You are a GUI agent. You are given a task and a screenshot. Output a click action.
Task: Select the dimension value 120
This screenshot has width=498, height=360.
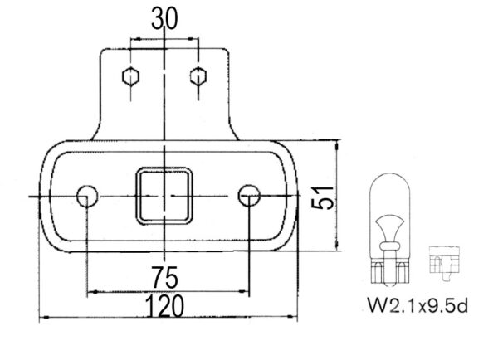(x=165, y=307)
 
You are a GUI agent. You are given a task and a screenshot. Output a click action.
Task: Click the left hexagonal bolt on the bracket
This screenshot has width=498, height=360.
(x=130, y=76)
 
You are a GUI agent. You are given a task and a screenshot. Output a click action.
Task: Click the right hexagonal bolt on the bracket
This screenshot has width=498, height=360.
(x=197, y=76)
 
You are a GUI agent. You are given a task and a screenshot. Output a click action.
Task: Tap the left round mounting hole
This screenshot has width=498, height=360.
(x=86, y=196)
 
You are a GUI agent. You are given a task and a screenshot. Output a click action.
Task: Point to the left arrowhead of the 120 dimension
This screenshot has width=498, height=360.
(x=43, y=316)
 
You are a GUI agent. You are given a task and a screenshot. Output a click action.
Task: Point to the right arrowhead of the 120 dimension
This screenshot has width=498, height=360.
(x=293, y=316)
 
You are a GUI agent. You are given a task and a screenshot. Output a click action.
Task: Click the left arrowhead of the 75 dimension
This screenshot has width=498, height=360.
(x=90, y=291)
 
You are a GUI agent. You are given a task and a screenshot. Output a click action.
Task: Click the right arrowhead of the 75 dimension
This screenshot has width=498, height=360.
(x=245, y=291)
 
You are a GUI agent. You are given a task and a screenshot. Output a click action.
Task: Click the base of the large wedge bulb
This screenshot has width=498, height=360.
(x=388, y=267)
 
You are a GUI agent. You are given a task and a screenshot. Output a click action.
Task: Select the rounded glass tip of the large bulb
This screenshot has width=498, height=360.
(x=388, y=179)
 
